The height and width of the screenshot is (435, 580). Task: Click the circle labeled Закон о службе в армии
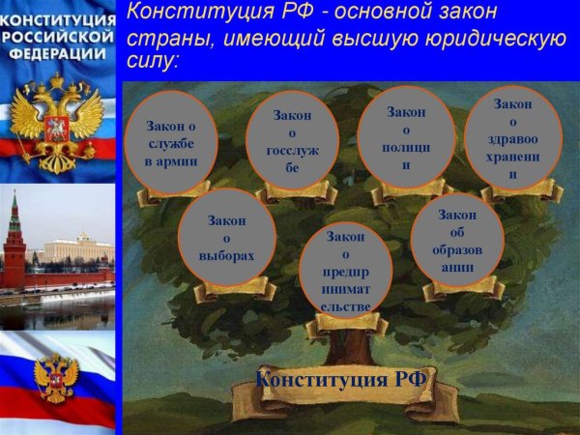[x=171, y=142]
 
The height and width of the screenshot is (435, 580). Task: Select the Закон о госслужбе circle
[x=293, y=140]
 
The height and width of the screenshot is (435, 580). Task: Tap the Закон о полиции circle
[x=406, y=136]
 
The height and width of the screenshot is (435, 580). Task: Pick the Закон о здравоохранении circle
[x=512, y=138]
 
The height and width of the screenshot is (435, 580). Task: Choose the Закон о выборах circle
[x=227, y=238]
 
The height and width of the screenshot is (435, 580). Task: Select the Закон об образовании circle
[x=457, y=240]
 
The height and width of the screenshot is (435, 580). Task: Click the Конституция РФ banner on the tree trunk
[x=341, y=380]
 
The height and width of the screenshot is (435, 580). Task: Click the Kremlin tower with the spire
[x=14, y=237]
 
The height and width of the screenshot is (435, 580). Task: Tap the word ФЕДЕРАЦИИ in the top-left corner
[x=57, y=54]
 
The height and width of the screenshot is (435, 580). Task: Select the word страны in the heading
[x=163, y=38]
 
